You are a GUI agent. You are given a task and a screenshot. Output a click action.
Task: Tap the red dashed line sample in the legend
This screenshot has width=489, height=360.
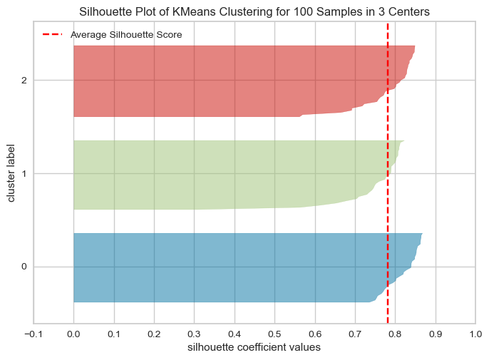(53, 35)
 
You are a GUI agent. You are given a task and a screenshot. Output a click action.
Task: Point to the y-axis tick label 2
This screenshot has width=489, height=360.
(24, 81)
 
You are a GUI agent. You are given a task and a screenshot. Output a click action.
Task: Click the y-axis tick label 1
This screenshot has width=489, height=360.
(24, 174)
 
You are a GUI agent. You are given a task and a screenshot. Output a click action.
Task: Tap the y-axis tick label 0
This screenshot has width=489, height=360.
(24, 267)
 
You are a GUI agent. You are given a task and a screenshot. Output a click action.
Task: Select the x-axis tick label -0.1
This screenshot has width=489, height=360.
(32, 334)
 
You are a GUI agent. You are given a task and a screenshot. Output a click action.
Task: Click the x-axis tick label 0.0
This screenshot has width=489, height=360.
(73, 334)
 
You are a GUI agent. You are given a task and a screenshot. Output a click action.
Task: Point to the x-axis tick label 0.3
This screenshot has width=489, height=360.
(194, 334)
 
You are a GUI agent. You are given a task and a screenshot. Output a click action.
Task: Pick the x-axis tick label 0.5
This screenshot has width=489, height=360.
(274, 334)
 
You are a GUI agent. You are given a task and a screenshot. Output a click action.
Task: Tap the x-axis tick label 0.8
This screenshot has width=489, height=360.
(395, 334)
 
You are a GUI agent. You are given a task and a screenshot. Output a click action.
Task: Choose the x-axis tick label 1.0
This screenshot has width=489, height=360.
(475, 334)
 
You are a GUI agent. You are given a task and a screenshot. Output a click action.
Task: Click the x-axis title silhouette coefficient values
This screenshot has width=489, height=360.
(254, 347)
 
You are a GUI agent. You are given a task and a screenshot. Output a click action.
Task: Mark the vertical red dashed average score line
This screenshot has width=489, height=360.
(388, 214)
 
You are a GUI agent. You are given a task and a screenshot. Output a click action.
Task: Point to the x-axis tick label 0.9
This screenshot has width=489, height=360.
(435, 334)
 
